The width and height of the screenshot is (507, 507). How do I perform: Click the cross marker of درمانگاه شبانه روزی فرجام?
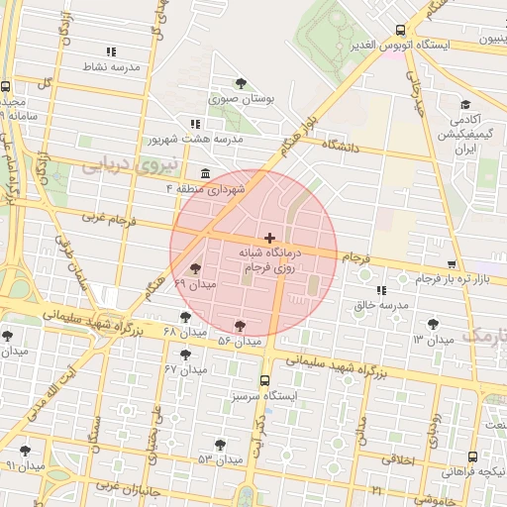click(270, 238)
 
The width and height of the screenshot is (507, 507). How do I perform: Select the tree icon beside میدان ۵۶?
click(240, 325)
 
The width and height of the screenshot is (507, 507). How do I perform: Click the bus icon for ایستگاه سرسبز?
click(264, 380)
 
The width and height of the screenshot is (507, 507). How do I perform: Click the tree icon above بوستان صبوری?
click(242, 83)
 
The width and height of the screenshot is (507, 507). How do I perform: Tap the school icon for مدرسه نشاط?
click(111, 51)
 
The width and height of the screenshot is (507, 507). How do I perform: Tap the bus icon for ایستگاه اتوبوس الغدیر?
click(400, 30)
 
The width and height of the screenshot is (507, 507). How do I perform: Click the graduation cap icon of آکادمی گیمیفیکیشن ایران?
click(464, 104)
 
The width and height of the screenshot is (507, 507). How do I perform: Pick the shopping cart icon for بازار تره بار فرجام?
click(452, 265)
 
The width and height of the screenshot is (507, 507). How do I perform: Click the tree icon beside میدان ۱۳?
click(433, 324)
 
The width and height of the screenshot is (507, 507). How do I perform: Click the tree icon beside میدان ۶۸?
click(185, 316)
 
